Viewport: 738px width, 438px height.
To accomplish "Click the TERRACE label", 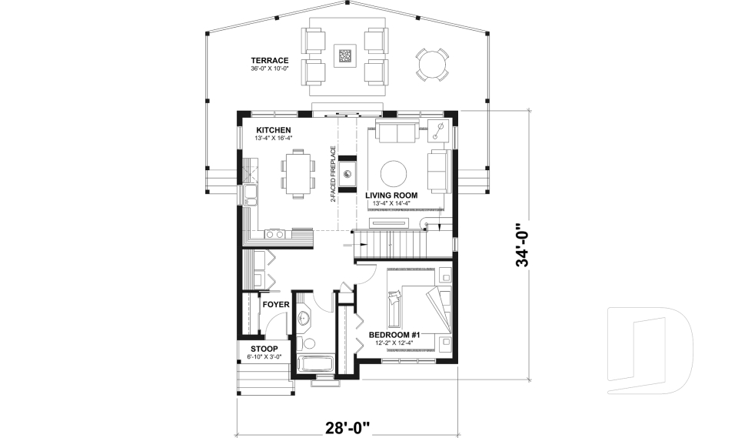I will pos(269,60).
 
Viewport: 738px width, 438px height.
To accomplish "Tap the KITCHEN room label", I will pos(274,129).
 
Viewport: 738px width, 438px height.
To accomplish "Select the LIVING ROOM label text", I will pos(391,196).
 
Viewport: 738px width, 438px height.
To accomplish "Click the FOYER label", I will pos(276,304).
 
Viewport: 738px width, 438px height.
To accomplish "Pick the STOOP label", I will pos(264,349).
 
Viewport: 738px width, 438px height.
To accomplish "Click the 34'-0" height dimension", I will pos(524,245).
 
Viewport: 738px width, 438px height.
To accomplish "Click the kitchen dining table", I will pos(298,172).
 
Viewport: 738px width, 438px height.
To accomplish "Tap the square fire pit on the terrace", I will pos(346,55).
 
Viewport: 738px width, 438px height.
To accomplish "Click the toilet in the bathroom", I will pos(307,343).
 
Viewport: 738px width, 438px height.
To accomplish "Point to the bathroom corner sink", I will pos(304,316).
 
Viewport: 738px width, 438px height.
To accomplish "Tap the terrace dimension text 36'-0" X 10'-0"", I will pos(269,69).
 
